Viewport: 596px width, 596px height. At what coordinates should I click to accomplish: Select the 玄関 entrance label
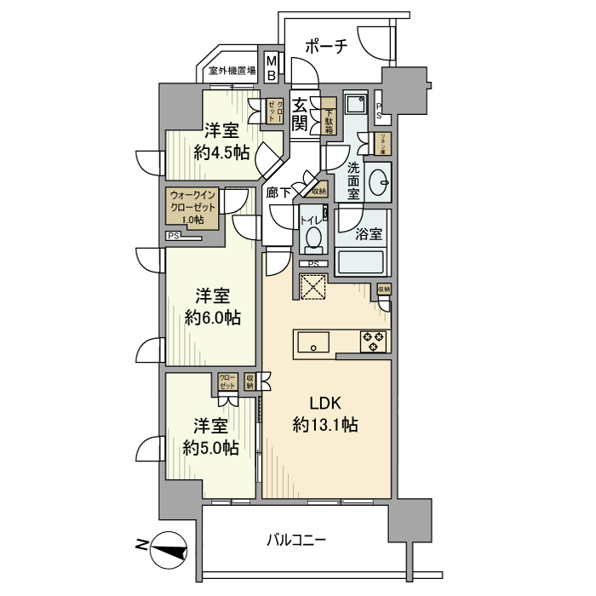tap(301, 114)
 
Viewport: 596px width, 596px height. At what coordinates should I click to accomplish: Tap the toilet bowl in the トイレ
tap(312, 238)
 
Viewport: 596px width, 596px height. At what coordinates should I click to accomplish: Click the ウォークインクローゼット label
tap(195, 206)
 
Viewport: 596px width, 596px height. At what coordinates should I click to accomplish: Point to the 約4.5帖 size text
tap(221, 153)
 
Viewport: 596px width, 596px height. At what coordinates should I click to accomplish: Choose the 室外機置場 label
tap(232, 72)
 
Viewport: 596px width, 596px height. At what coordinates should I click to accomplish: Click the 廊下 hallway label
tap(278, 193)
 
